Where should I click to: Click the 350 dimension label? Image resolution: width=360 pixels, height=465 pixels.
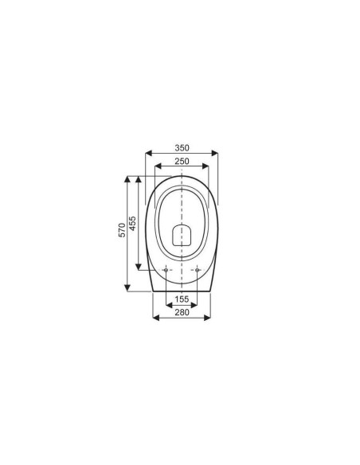pos(182,147)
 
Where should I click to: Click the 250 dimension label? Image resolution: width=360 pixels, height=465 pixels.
pos(182,161)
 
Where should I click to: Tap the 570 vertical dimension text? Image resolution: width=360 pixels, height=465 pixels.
pos(122,230)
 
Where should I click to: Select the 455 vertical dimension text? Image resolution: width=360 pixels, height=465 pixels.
pos(133,223)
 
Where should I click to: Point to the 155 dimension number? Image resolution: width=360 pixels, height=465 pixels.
pos(182,299)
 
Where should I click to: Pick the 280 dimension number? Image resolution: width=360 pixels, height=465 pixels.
pos(182,312)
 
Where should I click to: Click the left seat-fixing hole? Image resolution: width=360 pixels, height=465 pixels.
pos(166,270)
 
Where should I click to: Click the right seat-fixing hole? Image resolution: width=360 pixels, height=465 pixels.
pos(197,270)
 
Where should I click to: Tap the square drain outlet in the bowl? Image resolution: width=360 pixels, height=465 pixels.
pos(182,235)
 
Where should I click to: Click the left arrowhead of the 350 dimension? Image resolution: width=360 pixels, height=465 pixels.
pos(148,153)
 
